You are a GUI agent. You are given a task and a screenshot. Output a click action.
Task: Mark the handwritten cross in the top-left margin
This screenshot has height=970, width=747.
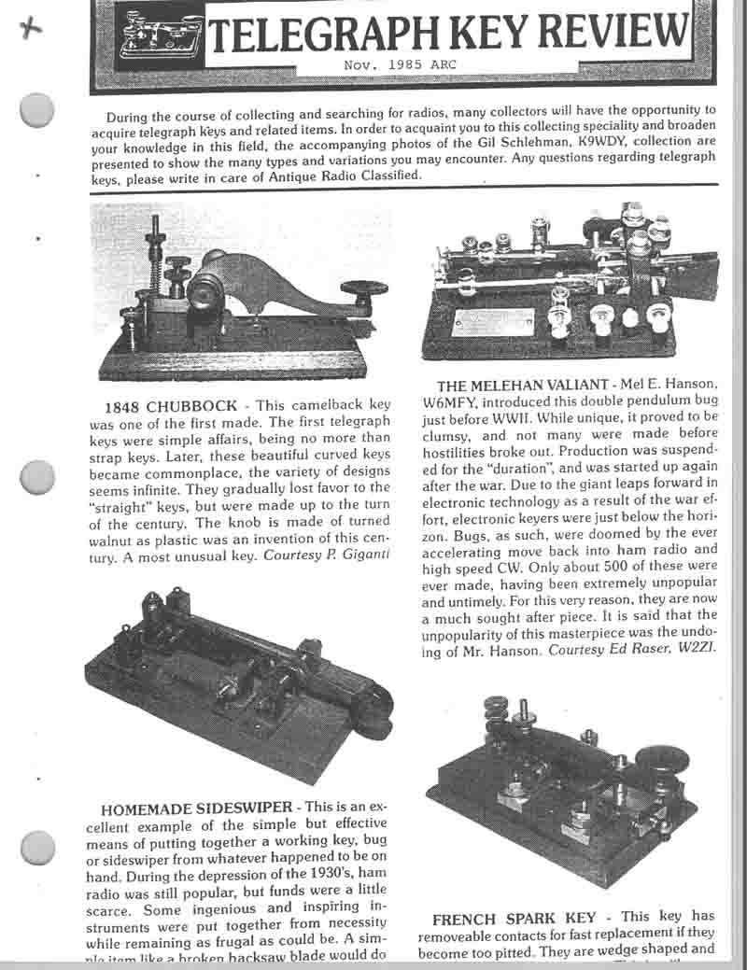point(35,28)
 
